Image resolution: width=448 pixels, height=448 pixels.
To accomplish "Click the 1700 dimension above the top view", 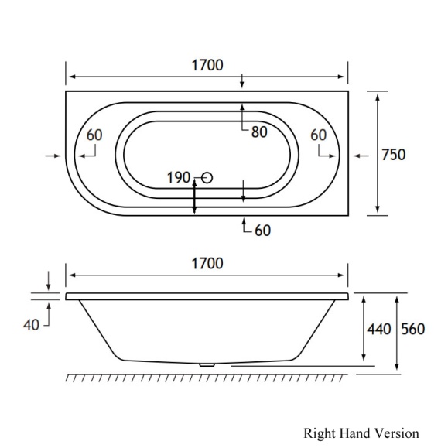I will (207, 65).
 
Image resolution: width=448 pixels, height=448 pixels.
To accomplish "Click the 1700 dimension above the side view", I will (207, 264).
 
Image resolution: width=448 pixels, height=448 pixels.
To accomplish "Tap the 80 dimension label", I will (258, 132).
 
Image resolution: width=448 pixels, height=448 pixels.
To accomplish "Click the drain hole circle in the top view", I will (206, 179).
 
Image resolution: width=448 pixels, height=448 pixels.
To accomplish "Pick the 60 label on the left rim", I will (94, 135).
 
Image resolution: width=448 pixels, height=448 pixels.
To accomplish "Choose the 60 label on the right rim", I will (318, 135).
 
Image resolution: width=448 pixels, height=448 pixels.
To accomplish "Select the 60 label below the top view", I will (262, 230).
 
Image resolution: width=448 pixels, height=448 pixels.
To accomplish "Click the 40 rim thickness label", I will (32, 325).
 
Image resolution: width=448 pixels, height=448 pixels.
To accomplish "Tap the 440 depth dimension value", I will (378, 329).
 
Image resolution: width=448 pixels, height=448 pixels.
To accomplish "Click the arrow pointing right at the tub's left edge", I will (53, 156).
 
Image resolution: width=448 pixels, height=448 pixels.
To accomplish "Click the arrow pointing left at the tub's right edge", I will (361, 156).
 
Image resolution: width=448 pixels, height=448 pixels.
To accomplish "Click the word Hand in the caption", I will (356, 433).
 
